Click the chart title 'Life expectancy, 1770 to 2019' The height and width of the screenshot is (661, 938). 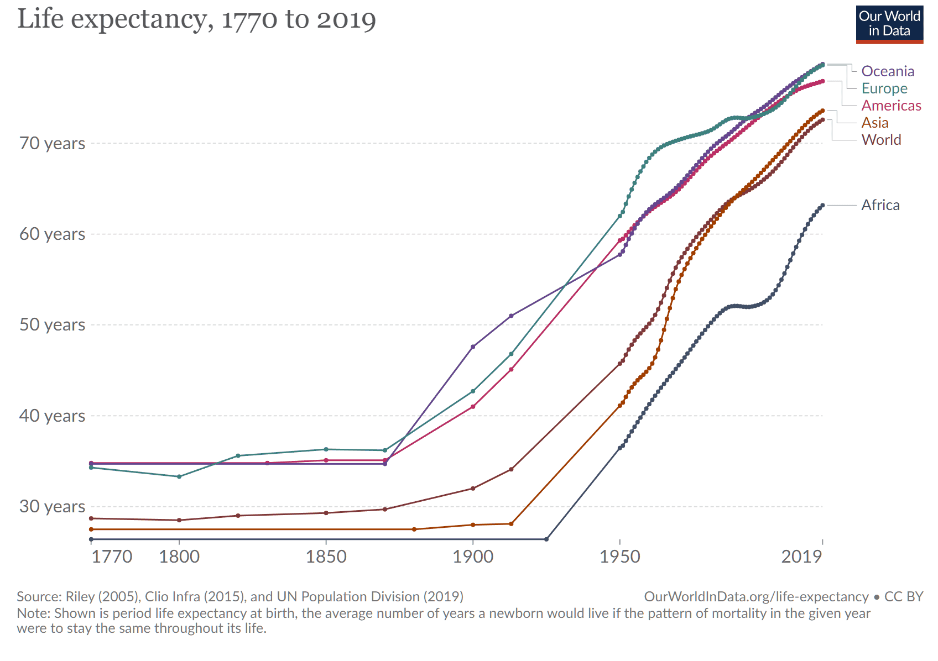click(x=196, y=20)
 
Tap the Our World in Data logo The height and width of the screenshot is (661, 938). click(x=889, y=24)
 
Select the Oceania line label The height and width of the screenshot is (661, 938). click(x=888, y=71)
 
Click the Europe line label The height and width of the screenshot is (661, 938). click(x=884, y=88)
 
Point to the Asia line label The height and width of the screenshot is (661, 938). click(x=875, y=123)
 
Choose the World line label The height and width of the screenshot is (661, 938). click(x=881, y=140)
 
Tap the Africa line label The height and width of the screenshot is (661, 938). click(x=880, y=205)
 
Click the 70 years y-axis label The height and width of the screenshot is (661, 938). click(x=53, y=144)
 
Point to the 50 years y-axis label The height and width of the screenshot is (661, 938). click(x=53, y=324)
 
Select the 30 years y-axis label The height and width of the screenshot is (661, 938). click(x=53, y=506)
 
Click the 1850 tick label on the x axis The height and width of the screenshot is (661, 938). click(x=326, y=557)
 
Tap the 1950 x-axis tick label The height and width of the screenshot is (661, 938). click(x=620, y=557)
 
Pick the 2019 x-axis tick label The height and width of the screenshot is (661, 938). click(x=801, y=557)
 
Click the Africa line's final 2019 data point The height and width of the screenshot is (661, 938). click(x=823, y=206)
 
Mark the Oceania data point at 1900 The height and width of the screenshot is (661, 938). click(x=473, y=347)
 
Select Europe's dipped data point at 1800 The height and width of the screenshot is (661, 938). click(x=179, y=476)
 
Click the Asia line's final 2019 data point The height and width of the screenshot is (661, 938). click(x=823, y=111)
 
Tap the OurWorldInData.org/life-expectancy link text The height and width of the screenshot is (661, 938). click(x=756, y=596)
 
